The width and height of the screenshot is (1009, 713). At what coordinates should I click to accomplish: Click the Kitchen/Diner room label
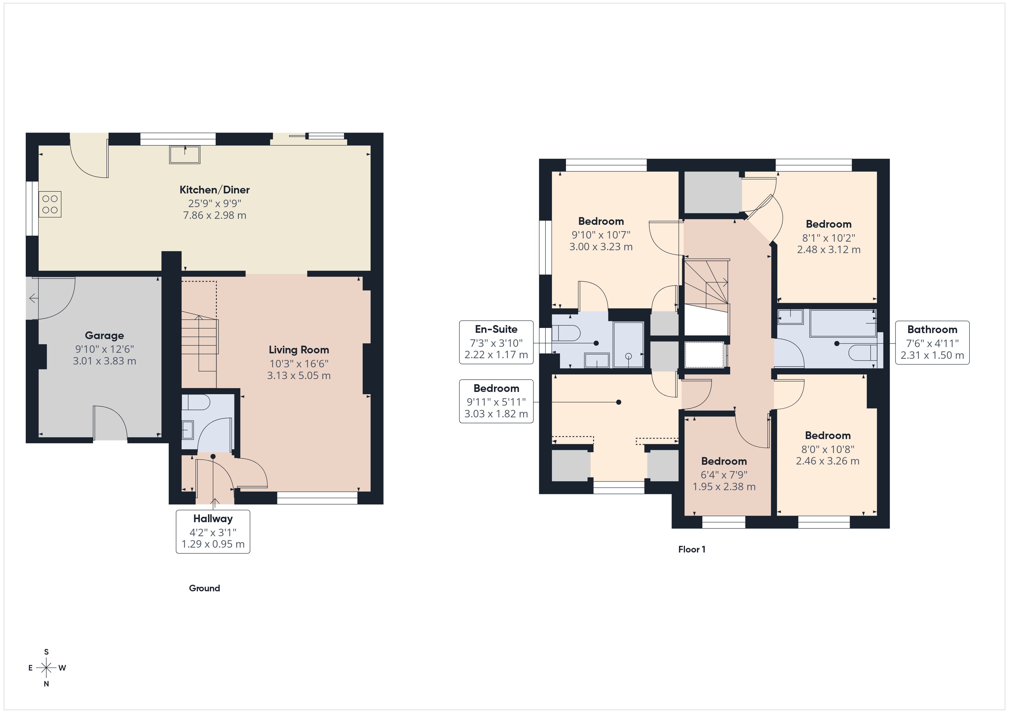coord(214,190)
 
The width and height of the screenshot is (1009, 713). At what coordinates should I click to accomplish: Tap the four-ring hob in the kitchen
coord(50,205)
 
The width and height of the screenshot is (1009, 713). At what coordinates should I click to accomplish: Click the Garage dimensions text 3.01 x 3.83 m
coord(105,361)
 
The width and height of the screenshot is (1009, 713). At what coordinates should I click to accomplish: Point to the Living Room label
coord(299,350)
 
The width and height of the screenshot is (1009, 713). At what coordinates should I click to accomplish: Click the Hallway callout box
coord(213,531)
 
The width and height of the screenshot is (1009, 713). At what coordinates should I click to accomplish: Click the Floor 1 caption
coord(692,549)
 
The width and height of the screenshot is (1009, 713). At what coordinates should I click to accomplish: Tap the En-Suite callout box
coord(496,342)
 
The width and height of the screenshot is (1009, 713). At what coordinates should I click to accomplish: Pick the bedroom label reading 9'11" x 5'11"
coord(496,401)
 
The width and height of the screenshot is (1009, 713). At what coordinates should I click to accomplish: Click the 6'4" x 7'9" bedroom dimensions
coord(724,474)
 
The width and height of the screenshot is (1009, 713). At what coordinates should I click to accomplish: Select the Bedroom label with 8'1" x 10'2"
coord(828,224)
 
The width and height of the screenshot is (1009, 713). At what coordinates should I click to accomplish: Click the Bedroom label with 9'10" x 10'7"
coord(601,221)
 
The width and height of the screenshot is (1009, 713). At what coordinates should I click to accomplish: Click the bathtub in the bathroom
coord(842,323)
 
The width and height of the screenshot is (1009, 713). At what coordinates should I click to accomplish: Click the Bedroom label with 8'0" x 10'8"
coord(827,436)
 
